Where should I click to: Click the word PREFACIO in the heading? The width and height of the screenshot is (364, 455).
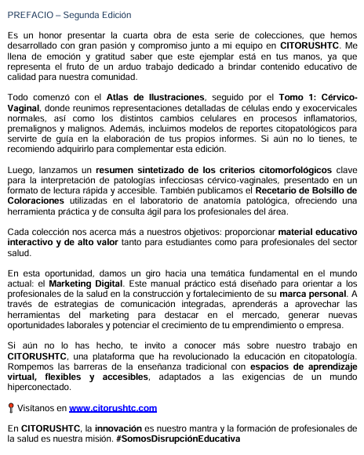29,15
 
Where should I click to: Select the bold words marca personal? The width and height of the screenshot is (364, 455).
313,293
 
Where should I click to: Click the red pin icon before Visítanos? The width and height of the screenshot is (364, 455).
10,408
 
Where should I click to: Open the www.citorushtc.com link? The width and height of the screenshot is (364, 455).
113,408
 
